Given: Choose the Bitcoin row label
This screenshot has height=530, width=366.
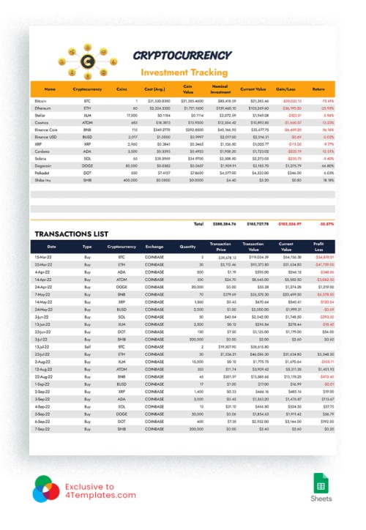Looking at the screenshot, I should coord(41,101).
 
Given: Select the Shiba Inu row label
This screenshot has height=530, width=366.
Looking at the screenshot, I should coord(42,200).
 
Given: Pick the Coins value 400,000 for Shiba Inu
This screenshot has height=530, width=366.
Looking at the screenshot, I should coord(130,200).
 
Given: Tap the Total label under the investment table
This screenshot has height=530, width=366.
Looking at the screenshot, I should coord(198,223).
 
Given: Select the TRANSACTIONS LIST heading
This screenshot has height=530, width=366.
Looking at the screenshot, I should coord(72,234).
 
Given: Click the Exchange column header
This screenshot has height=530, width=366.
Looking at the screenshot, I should coord(154,247).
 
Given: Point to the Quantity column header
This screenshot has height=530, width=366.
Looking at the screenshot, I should coord(188,247).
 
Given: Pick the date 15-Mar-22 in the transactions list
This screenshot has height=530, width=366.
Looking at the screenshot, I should coord(44,258).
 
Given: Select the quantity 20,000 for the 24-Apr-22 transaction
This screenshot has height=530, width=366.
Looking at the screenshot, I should coord(195,287).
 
